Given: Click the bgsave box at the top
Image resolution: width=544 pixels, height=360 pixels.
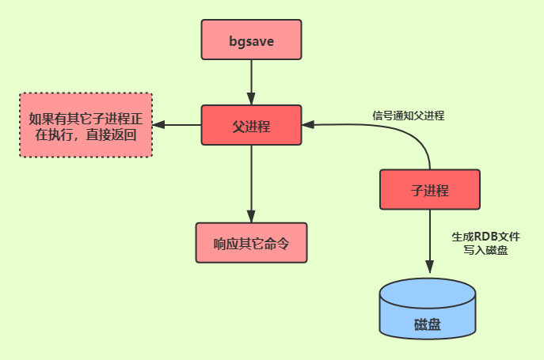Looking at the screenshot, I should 251,40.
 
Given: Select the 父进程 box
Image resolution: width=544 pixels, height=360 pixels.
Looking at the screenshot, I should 251,125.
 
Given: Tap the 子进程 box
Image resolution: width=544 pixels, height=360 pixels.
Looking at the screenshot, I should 430,191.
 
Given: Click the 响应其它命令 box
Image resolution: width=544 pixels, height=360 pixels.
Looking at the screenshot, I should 251,243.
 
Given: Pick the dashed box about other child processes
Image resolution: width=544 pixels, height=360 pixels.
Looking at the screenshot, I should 86,125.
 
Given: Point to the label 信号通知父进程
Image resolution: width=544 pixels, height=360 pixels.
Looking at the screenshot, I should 409,115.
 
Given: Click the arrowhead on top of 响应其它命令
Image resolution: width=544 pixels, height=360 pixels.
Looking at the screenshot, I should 251,218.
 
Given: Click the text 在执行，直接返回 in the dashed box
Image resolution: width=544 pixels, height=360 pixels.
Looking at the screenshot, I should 86,135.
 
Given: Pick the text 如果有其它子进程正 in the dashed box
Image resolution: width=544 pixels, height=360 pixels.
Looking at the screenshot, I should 86,119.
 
